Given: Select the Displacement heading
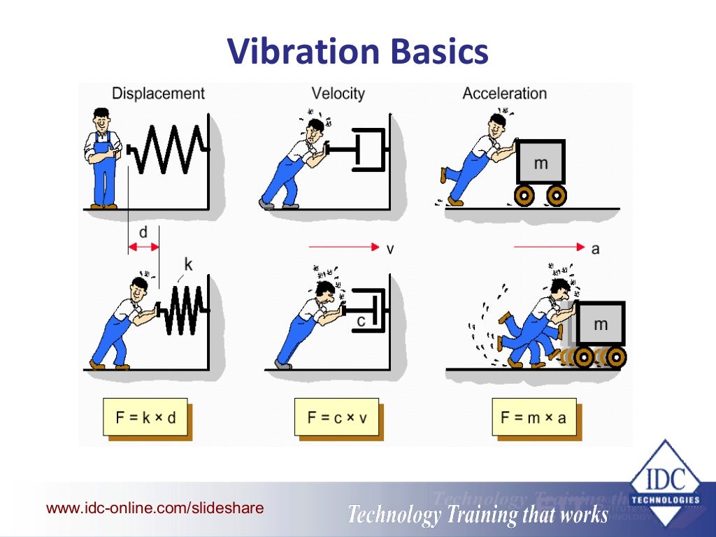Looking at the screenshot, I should pos(158,94).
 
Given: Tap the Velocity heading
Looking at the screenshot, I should pos(338,94).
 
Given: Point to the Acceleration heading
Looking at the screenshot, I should pos(504,94).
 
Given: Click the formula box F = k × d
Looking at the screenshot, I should pos(145,417).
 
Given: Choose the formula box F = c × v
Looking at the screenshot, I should pos(336,417).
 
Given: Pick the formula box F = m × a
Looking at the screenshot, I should pos(534,417).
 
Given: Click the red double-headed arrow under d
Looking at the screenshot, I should pos(143,247).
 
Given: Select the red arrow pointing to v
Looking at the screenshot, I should pos(343,247).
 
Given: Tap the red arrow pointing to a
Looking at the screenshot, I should pos(548,247).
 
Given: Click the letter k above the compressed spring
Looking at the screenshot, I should pos(187,264).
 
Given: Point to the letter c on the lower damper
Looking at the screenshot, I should pos(361,320).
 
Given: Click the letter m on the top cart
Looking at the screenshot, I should pos(540,164).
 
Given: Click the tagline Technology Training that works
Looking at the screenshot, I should pos(478,515).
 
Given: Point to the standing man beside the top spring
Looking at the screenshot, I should pos(103,158).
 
